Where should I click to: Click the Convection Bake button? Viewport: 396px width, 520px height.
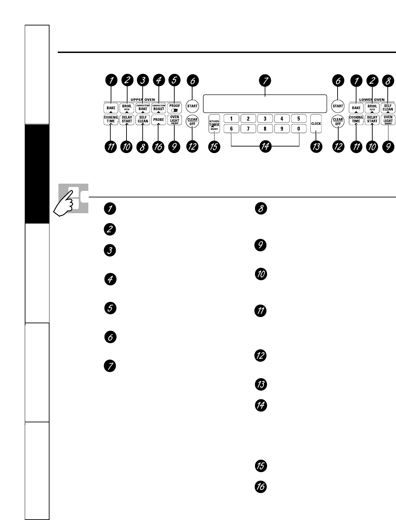click(x=143, y=108)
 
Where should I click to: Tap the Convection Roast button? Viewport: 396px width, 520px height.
click(x=159, y=108)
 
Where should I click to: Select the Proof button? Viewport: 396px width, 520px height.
click(x=175, y=108)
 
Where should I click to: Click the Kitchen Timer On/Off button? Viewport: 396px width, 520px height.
click(x=214, y=123)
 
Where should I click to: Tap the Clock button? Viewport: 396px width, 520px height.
click(x=316, y=123)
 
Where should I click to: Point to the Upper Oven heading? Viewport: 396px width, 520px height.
click(x=143, y=100)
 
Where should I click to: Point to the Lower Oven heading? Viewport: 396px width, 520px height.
click(x=372, y=100)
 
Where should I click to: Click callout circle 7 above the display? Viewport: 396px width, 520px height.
click(x=265, y=81)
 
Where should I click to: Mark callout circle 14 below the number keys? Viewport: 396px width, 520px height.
click(x=265, y=147)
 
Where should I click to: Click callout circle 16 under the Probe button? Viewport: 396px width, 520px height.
click(x=159, y=147)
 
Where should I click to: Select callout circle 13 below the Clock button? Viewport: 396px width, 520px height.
click(x=316, y=147)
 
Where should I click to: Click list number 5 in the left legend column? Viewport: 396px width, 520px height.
click(x=110, y=308)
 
